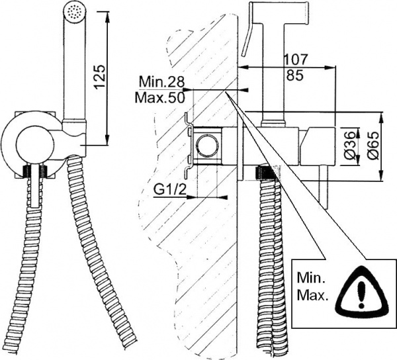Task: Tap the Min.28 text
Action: pyautogui.click(x=161, y=83)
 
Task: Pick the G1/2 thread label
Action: pyautogui.click(x=169, y=190)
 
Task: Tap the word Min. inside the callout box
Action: pyautogui.click(x=313, y=277)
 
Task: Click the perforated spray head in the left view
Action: pyautogui.click(x=74, y=12)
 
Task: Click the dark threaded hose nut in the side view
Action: pyautogui.click(x=265, y=173)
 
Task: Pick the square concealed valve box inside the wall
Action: pyautogui.click(x=211, y=144)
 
